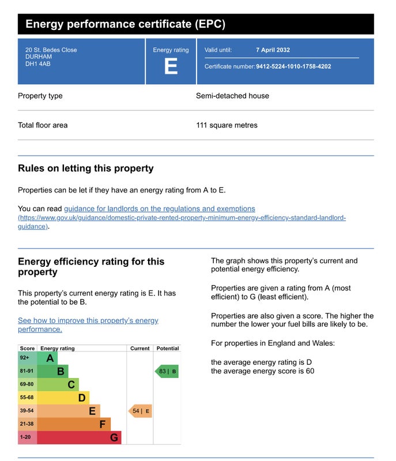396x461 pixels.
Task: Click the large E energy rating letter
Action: point(171,67)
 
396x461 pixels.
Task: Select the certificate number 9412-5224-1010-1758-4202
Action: point(293,66)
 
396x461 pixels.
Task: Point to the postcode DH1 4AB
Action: point(38,64)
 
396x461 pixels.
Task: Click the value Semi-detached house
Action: point(232,96)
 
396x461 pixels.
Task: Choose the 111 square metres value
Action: point(227,125)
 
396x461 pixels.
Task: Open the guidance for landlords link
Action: point(159,209)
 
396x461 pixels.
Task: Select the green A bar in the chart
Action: point(47,358)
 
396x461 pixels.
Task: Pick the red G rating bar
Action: point(79,437)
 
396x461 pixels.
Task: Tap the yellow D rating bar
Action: point(63,398)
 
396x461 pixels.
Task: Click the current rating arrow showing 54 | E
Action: point(140,411)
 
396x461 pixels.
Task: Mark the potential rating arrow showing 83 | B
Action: point(167,371)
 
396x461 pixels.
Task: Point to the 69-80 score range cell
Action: point(27,384)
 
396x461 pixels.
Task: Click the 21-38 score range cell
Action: point(27,424)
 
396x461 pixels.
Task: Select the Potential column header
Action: point(168,348)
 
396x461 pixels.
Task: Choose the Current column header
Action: point(140,348)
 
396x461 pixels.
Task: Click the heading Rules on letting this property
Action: point(86,168)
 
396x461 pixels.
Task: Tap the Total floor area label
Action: point(43,125)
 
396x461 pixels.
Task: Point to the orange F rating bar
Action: point(74,424)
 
